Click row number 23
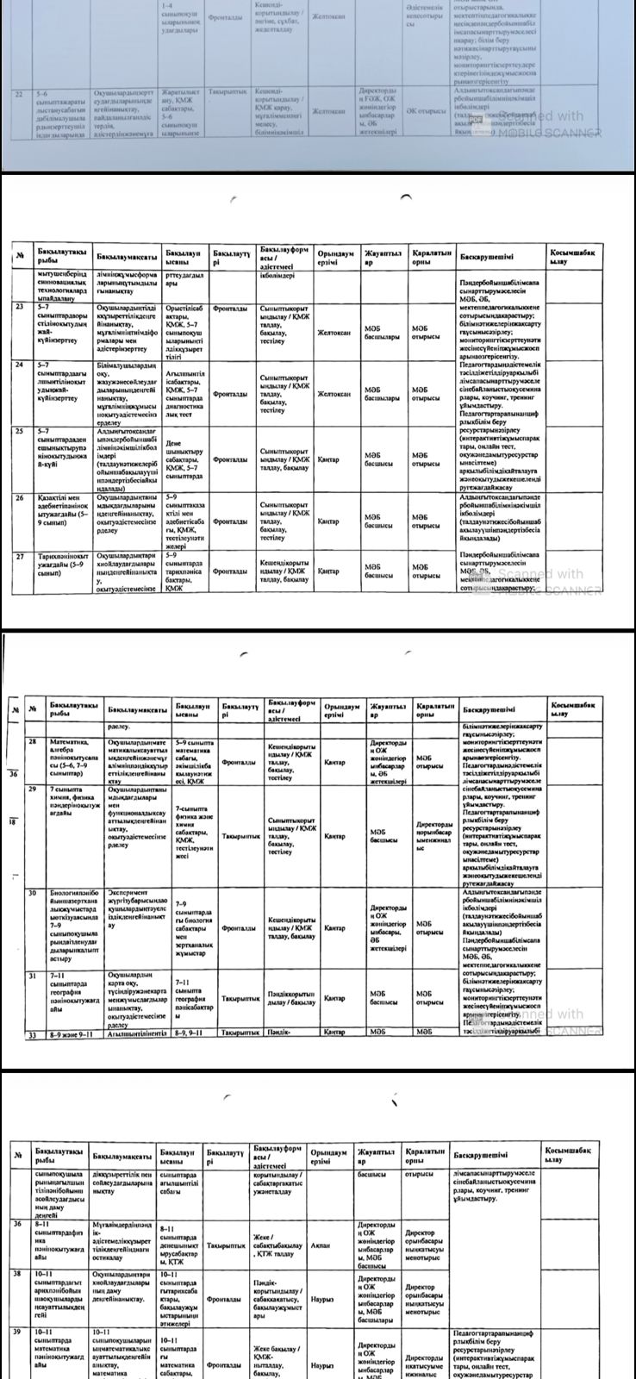pyautogui.click(x=21, y=306)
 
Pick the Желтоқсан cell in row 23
pyautogui.click(x=332, y=332)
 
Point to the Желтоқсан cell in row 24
pyautogui.click(x=332, y=394)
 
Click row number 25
pyautogui.click(x=21, y=430)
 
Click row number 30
pyautogui.click(x=32, y=893)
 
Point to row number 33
pyautogui.click(x=32, y=1033)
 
